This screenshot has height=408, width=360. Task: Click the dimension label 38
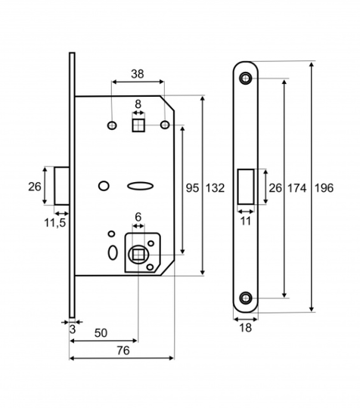point(138,74)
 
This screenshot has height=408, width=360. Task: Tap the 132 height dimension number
point(215,188)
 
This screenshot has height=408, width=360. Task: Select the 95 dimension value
point(192,188)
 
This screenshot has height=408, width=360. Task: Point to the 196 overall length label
point(324,188)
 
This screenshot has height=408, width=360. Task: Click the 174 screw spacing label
point(296,188)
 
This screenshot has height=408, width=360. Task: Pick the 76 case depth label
point(123,351)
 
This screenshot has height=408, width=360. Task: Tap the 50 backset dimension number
point(101,332)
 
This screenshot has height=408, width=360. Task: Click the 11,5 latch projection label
point(54,223)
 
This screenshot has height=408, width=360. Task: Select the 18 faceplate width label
point(245,328)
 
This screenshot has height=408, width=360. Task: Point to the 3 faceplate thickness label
point(73,329)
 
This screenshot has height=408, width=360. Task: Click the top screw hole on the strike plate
point(245,78)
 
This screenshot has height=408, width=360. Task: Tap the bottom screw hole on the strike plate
point(245,298)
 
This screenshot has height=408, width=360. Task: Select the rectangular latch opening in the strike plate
point(246,187)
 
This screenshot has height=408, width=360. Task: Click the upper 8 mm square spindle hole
point(138,125)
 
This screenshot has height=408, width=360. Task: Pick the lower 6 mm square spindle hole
point(138,254)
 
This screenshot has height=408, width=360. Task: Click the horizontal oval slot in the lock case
point(140,186)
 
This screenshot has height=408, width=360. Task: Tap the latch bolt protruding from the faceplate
point(62,186)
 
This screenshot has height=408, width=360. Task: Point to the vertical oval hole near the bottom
point(113,252)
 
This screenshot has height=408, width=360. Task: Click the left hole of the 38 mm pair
point(112,125)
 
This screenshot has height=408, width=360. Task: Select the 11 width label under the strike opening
point(245,221)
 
